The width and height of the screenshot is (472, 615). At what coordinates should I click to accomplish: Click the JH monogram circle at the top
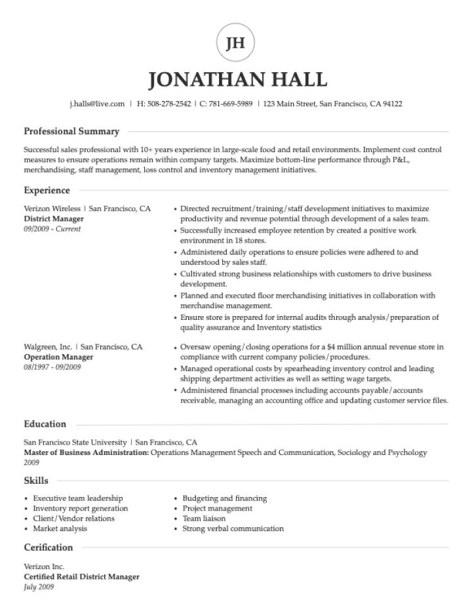pyautogui.click(x=235, y=43)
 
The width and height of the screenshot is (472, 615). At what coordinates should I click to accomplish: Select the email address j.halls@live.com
pyautogui.click(x=97, y=104)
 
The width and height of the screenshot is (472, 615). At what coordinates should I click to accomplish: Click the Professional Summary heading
pyautogui.click(x=71, y=131)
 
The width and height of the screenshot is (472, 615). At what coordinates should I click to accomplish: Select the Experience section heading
pyautogui.click(x=47, y=190)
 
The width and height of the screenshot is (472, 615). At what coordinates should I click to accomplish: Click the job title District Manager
pyautogui.click(x=54, y=218)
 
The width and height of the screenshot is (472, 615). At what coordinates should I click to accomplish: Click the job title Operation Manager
pyautogui.click(x=58, y=357)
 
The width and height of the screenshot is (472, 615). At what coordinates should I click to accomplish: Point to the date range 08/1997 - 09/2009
pyautogui.click(x=52, y=367)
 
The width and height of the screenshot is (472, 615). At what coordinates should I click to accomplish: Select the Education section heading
pyautogui.click(x=45, y=424)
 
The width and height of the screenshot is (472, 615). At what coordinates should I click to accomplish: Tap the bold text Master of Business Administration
pyautogui.click(x=87, y=452)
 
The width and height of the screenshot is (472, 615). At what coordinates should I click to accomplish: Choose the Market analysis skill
pyautogui.click(x=60, y=528)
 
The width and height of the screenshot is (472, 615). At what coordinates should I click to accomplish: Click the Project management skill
pyautogui.click(x=217, y=508)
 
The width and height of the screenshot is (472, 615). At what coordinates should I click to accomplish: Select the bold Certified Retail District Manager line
pyautogui.click(x=81, y=577)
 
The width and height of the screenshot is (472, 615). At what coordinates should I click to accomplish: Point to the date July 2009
pyautogui.click(x=39, y=587)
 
